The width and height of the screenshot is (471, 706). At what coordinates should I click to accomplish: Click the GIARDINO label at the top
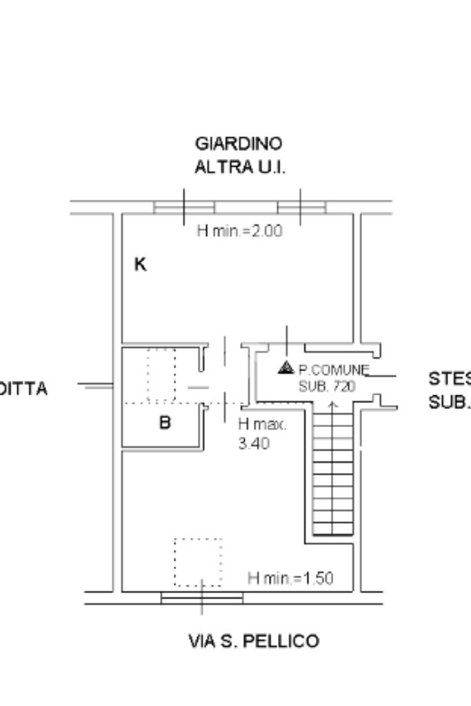click(x=239, y=144)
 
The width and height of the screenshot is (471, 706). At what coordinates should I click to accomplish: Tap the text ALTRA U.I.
click(x=239, y=167)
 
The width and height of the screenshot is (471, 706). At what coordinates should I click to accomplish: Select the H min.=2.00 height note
click(x=239, y=231)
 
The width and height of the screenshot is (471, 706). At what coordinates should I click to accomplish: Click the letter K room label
click(x=140, y=264)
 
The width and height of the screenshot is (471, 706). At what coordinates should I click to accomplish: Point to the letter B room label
click(x=165, y=422)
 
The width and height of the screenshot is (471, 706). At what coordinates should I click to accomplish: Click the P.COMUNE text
click(x=334, y=370)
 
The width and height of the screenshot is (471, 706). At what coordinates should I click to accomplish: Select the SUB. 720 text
click(x=327, y=386)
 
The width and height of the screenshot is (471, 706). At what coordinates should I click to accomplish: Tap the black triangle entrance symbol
click(x=286, y=368)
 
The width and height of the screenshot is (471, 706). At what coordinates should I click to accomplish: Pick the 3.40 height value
click(x=254, y=444)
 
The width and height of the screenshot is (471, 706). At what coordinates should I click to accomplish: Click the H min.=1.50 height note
click(x=290, y=578)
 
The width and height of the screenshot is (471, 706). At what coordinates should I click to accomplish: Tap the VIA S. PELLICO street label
click(x=254, y=642)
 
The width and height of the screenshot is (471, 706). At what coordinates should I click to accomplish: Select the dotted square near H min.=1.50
click(x=198, y=562)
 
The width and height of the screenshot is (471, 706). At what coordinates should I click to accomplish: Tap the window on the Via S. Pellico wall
click(x=202, y=597)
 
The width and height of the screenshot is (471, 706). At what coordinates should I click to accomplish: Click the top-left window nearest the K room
click(x=184, y=207)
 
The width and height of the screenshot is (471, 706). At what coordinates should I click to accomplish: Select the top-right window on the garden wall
click(x=301, y=207)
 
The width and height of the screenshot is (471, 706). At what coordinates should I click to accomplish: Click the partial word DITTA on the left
click(x=24, y=389)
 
